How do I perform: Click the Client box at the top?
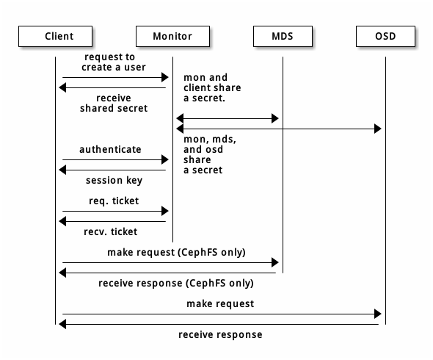click(55, 36)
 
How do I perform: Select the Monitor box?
click(172, 36)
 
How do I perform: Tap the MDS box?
click(283, 36)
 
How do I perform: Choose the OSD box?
click(385, 36)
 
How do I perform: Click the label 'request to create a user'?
click(110, 62)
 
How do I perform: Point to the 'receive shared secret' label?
click(114, 103)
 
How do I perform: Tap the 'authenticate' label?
click(110, 149)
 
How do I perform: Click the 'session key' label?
click(114, 181)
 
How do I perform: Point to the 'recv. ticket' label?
click(111, 231)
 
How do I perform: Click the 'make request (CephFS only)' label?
click(176, 252)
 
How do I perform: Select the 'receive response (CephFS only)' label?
click(176, 283)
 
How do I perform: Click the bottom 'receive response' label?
click(220, 334)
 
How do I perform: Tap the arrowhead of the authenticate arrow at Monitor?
click(165, 159)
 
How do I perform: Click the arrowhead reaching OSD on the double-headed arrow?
click(378, 129)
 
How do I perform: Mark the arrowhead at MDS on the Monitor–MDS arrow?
click(275, 118)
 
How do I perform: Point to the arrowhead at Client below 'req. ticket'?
click(63, 221)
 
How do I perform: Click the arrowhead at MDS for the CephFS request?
click(275, 262)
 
